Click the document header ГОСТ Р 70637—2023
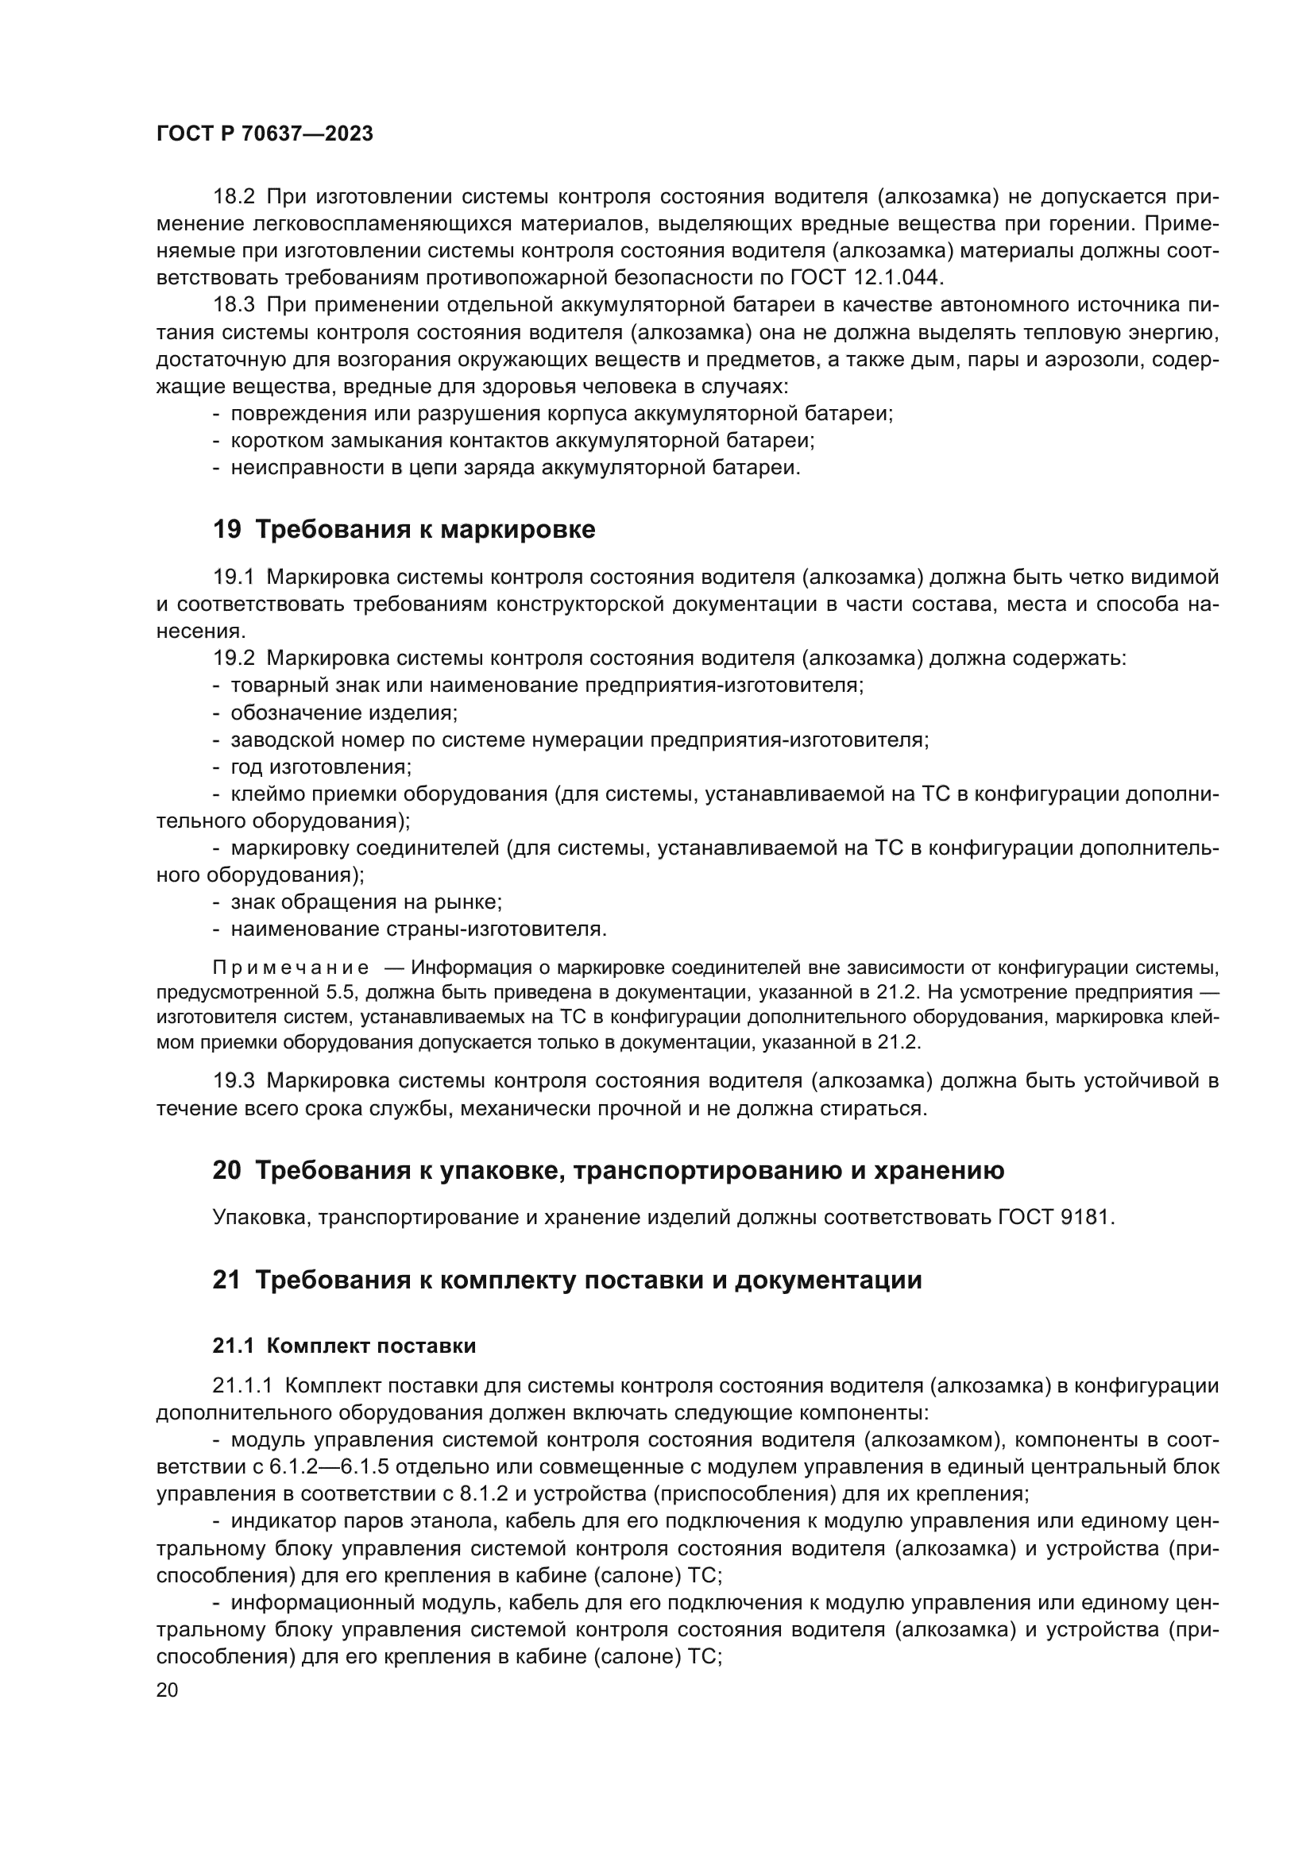264,134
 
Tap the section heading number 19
226,530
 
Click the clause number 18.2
234,198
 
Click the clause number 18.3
234,306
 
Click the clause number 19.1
234,577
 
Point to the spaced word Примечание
291,968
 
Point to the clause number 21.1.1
244,1386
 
